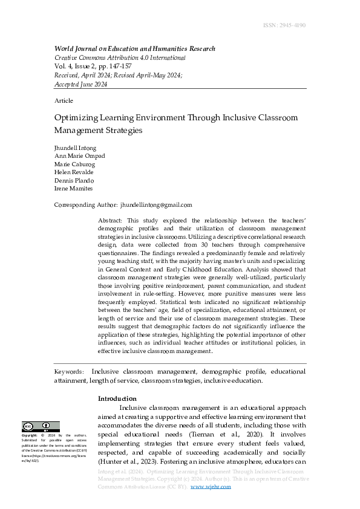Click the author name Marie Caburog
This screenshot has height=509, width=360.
coord(74,164)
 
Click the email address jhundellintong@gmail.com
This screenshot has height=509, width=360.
coord(156,206)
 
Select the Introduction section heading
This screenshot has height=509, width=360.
coord(117,398)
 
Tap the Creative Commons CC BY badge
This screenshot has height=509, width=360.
coord(41,427)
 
